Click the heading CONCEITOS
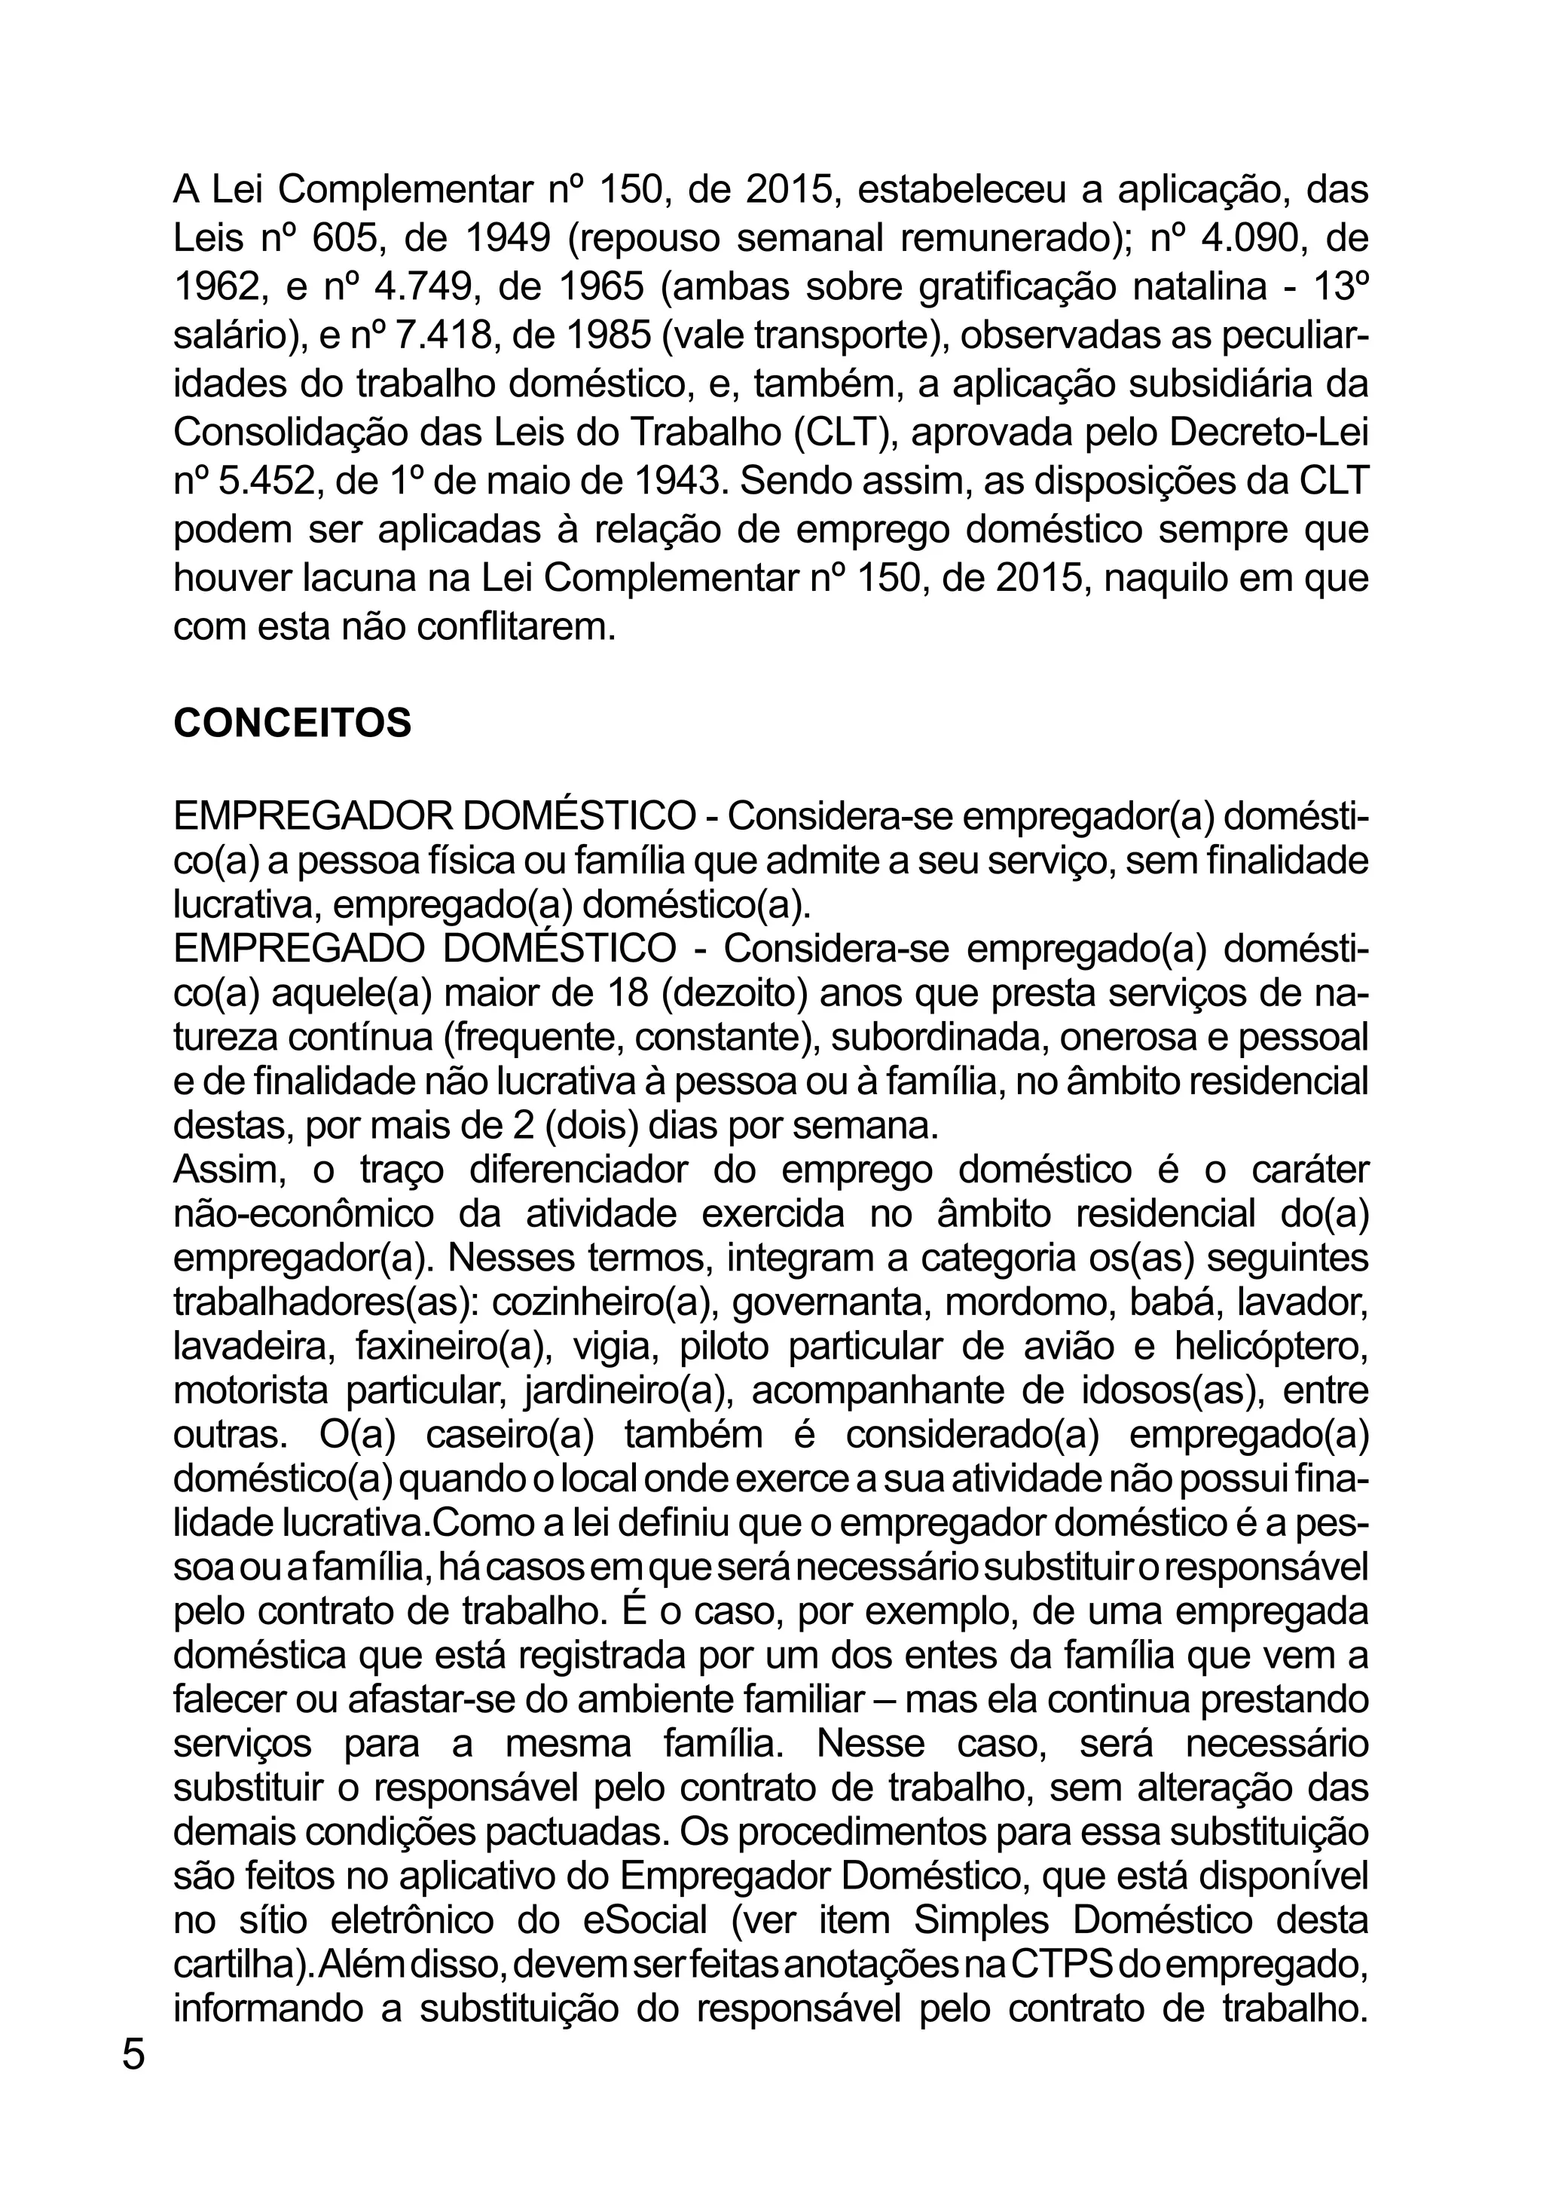pos(292,723)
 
